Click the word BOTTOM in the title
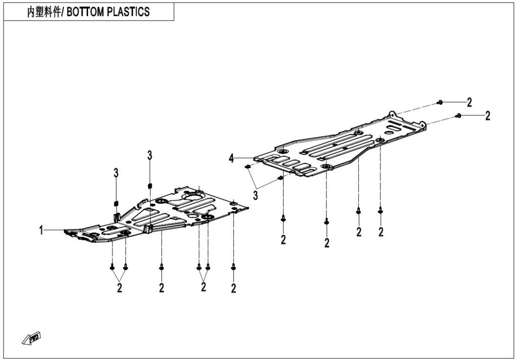click(86, 12)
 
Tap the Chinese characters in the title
click(44, 12)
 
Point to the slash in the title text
click(64, 12)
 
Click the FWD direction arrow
click(32, 338)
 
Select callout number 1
click(41, 230)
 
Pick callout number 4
click(231, 158)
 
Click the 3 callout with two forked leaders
click(255, 196)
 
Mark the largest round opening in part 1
click(192, 196)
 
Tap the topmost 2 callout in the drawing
click(469, 102)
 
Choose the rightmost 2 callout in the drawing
click(488, 115)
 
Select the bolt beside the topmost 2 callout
click(439, 102)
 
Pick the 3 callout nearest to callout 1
click(116, 173)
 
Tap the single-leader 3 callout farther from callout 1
click(150, 155)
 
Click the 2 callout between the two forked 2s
click(162, 288)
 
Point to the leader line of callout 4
click(244, 158)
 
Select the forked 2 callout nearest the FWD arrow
click(119, 287)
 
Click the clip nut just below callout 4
click(248, 167)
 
